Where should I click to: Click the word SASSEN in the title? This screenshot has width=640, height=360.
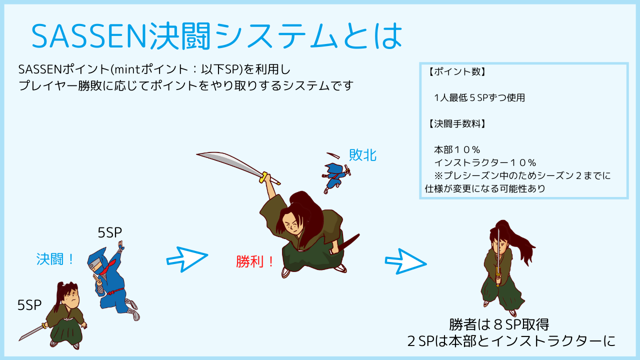[x=88, y=36]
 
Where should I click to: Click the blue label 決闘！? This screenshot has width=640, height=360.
[x=55, y=259]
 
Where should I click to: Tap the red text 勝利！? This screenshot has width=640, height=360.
[x=255, y=261]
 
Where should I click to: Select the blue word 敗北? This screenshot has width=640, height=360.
[x=362, y=155]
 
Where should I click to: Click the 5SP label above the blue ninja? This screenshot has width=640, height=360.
[x=109, y=232]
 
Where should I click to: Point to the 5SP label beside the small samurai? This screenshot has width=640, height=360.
[x=29, y=305]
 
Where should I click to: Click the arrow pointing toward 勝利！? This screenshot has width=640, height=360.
[x=187, y=259]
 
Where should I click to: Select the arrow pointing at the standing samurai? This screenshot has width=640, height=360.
[x=405, y=261]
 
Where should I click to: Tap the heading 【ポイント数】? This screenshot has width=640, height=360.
[x=456, y=71]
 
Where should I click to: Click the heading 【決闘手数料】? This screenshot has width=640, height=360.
[x=456, y=123]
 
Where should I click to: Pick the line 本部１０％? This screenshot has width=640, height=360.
[x=457, y=149]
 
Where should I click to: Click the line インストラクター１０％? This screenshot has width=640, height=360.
[x=485, y=162]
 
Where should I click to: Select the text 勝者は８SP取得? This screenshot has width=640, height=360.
[x=499, y=324]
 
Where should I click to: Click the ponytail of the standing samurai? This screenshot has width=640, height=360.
[x=520, y=243]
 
